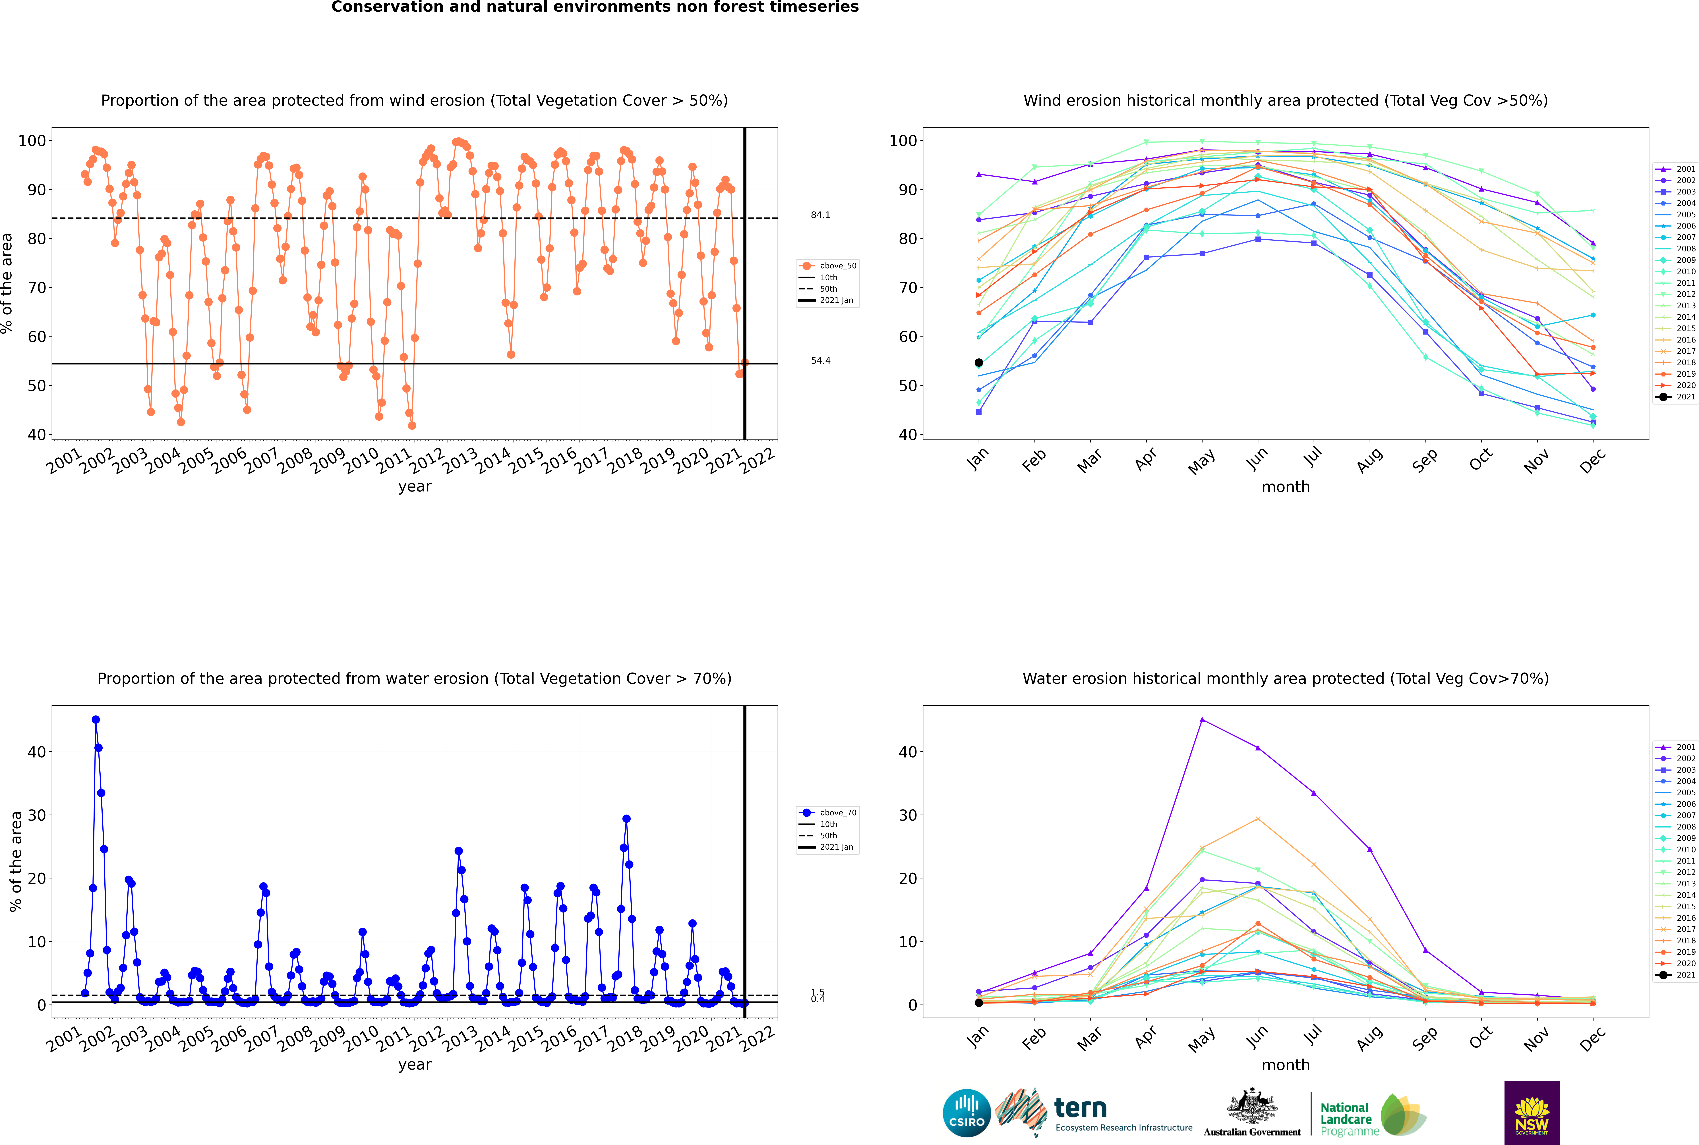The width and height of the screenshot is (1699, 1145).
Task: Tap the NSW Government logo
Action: [1532, 1112]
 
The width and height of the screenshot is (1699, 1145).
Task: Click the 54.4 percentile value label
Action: [820, 361]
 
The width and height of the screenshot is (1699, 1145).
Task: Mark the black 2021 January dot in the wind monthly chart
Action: [979, 363]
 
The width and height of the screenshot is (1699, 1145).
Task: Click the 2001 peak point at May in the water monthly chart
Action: [1202, 720]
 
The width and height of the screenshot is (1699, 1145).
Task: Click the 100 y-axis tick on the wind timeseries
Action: [32, 140]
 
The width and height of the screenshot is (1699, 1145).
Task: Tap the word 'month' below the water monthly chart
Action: [1286, 1065]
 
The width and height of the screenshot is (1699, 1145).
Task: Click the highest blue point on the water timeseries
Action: [96, 720]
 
